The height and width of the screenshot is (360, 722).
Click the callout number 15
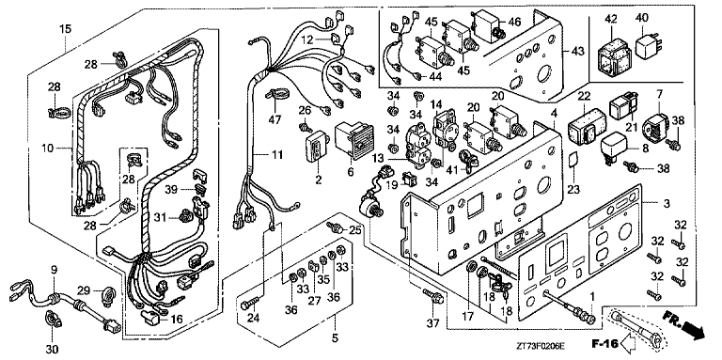[x=65, y=29]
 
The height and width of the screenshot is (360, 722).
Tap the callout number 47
[x=275, y=120]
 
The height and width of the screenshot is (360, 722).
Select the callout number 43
[x=578, y=51]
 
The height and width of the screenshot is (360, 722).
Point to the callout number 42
[x=611, y=19]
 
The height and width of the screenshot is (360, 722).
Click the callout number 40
[x=642, y=19]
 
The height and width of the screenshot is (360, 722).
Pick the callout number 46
[x=514, y=22]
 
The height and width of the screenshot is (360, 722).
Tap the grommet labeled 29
[x=111, y=292]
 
